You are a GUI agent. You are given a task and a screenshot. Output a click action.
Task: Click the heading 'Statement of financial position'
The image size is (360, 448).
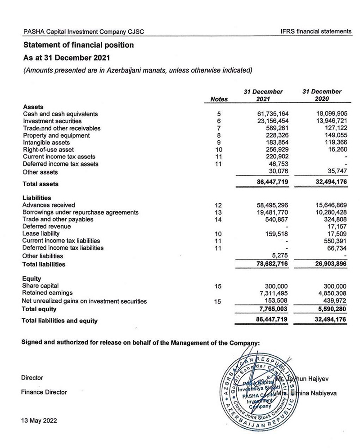(x=78, y=45)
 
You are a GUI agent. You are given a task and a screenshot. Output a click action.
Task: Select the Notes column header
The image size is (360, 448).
(x=219, y=99)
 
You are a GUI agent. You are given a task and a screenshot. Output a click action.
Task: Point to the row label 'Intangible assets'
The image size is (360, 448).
(x=44, y=143)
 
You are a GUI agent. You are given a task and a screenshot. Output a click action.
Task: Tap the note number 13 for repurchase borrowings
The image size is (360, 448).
(x=219, y=212)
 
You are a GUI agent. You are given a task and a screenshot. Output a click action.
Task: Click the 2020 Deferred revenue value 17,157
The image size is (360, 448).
(x=334, y=227)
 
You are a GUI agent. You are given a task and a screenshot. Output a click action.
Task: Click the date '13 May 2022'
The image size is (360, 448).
(x=39, y=421)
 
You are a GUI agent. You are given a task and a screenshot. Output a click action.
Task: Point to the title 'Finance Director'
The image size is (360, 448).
(x=44, y=392)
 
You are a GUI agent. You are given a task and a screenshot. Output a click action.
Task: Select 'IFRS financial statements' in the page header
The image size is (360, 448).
(x=315, y=31)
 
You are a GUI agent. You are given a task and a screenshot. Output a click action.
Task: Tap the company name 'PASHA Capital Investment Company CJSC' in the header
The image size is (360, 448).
(x=83, y=32)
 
